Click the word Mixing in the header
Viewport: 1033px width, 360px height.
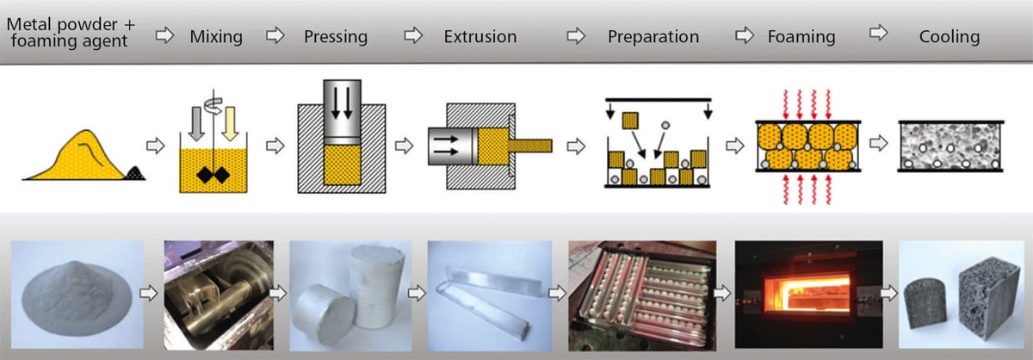coord(216,36)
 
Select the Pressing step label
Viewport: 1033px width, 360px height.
coord(336,37)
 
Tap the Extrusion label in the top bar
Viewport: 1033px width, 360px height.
coord(480,37)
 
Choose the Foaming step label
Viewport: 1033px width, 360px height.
coord(801,37)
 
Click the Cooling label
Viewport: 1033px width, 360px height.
coord(949,37)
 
